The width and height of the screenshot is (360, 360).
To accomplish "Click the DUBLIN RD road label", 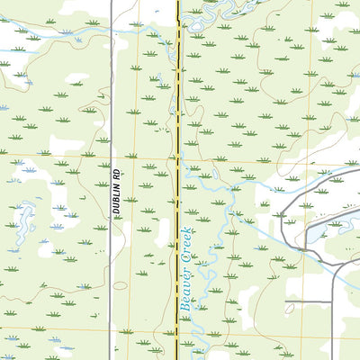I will coord(116,191).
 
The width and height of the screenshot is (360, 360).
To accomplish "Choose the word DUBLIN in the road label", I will coord(116,197).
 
